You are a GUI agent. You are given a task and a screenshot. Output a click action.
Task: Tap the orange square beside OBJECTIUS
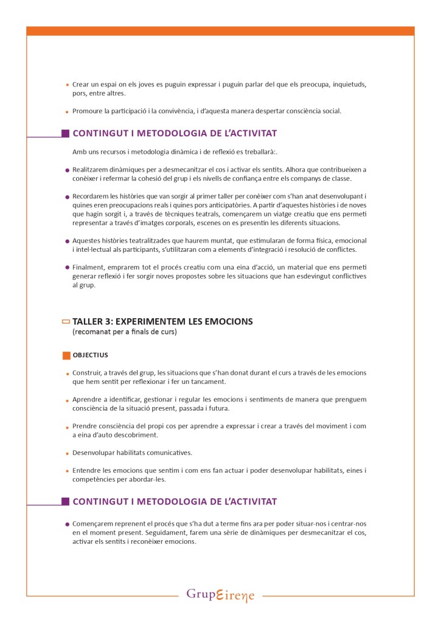pos(66,355)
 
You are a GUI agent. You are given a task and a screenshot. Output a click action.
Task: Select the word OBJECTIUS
pos(90,355)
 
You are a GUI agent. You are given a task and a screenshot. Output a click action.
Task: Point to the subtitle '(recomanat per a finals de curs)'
pos(124,332)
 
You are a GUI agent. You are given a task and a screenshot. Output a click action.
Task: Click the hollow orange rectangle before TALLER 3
pos(66,321)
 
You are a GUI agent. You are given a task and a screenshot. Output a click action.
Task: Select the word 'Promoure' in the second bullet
pos(88,111)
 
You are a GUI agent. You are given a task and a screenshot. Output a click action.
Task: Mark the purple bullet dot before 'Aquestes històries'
pos(67,242)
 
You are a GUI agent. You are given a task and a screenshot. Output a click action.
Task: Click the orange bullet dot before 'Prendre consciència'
pos(67,427)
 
